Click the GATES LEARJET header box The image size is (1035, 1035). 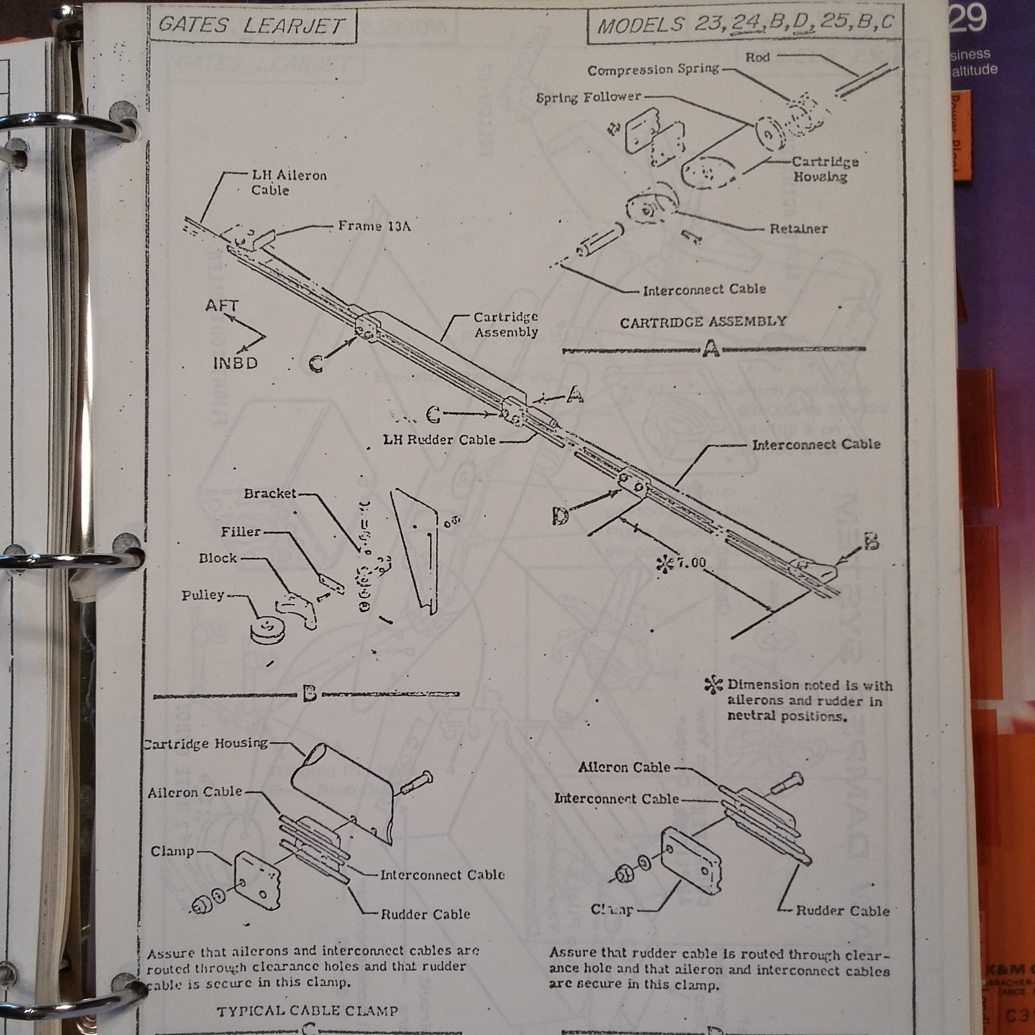pos(252,25)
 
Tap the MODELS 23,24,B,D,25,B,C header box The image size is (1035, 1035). pos(745,25)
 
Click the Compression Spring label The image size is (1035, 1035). pos(653,70)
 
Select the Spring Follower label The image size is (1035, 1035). pos(588,98)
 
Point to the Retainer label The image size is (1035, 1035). pos(798,229)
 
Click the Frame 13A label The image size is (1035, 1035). pos(374,226)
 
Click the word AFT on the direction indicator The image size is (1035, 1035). pos(222,305)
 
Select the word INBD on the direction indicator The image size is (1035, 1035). pos(235,363)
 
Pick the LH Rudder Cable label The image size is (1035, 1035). pos(439,440)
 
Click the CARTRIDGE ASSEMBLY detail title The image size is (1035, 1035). pos(703,322)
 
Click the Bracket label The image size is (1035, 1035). pos(270,494)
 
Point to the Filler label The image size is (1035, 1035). pos(241,532)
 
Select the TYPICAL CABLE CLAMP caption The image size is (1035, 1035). pos(307,1011)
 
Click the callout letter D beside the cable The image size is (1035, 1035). pos(561,516)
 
